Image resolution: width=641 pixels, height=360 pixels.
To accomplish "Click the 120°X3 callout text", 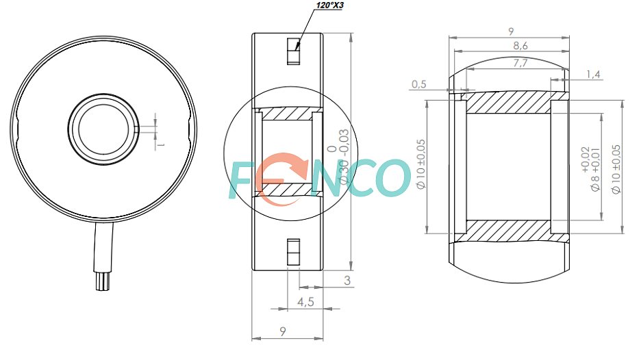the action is (x=330, y=5).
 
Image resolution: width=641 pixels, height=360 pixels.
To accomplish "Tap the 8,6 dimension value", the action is (x=520, y=46).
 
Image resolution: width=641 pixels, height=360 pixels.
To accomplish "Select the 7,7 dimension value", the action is (x=520, y=63).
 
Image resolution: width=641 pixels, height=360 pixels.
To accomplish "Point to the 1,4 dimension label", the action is (x=593, y=75).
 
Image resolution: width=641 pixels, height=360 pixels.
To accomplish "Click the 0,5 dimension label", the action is (x=418, y=84).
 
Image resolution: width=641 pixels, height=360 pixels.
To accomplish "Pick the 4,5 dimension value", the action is (x=305, y=302).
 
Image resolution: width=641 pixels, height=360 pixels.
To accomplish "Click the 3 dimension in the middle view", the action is (x=347, y=281).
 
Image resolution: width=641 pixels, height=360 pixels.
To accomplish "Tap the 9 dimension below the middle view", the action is (x=282, y=331).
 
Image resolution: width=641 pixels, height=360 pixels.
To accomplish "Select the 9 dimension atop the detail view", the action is (x=511, y=31).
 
